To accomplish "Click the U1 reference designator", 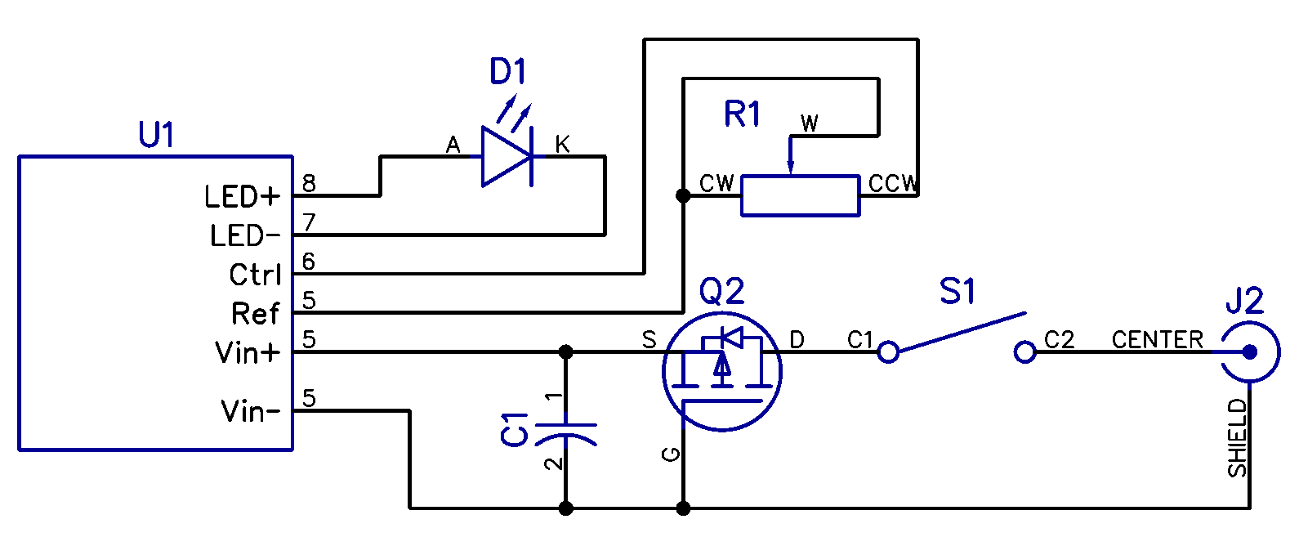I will [156, 135].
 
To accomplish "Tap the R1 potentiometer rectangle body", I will [800, 196].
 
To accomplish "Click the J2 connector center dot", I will [1249, 352].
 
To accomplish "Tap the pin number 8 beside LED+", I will [309, 183].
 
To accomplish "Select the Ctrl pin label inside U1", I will [255, 275].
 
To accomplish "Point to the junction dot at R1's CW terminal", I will [683, 196].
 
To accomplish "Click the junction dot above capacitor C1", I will [565, 352].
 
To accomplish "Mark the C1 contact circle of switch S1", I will [888, 352].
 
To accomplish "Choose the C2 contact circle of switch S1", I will [1024, 352].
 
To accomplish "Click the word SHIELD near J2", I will [1237, 438].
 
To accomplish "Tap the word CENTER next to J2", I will [1157, 340].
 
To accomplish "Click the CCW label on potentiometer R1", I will [893, 184].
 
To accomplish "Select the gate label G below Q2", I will [672, 454].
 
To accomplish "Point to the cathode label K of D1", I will [562, 145].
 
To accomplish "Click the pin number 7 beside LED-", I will [309, 222].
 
